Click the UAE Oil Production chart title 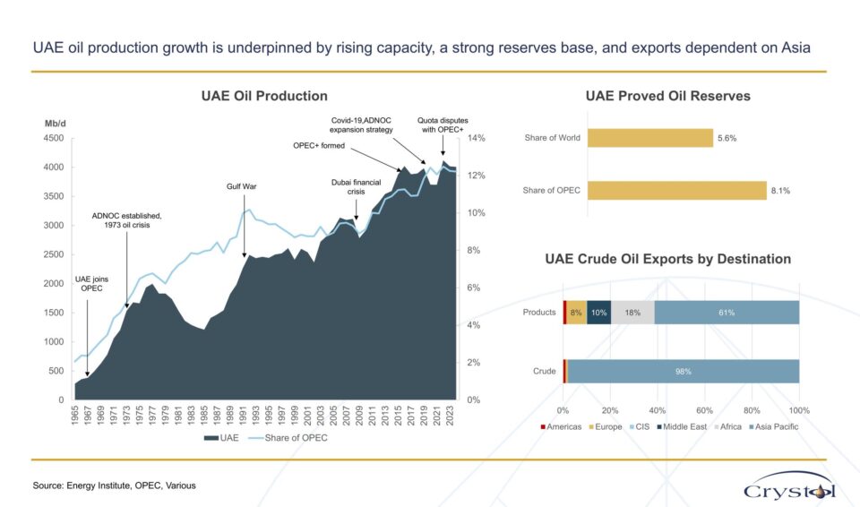264,96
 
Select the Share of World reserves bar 650,138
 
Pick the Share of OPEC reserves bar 677,191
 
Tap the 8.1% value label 780,191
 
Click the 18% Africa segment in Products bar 632,313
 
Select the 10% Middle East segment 599,313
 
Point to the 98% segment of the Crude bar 684,372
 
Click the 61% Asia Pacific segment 727,313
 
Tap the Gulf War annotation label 241,186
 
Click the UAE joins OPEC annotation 91,284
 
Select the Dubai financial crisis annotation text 356,187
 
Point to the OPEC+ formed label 319,145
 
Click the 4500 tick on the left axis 54,138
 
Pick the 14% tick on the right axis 476,138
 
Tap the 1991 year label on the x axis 243,416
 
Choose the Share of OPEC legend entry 288,438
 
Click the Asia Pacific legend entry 773,427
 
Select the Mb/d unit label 56,124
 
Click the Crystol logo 789,486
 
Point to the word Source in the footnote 47,486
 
